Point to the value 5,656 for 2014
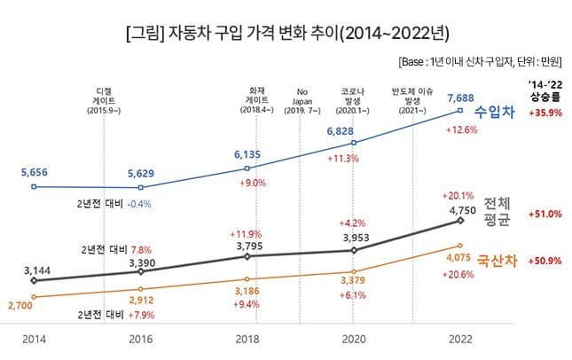coord(34,173)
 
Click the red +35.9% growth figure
coord(544,113)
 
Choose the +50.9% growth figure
coord(544,262)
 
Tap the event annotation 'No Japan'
coord(303,97)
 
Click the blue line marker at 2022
coord(460,111)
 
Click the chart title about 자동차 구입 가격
coord(286,35)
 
